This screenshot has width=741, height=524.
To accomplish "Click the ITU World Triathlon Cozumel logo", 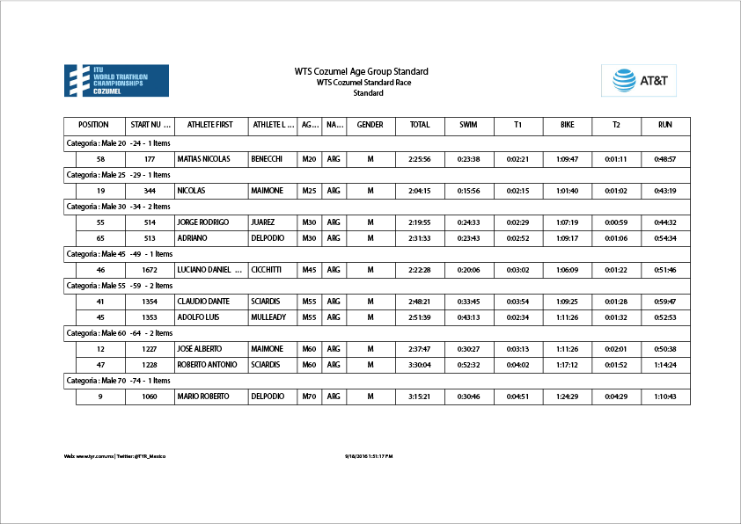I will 117,80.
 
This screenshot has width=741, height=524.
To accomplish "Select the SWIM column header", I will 468,125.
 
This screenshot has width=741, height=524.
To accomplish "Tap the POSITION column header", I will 94,125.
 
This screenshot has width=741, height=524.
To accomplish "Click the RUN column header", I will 665,125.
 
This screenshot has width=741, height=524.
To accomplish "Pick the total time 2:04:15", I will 420,191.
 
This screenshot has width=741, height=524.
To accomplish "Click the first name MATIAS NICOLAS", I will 203,159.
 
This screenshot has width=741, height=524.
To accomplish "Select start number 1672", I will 150,270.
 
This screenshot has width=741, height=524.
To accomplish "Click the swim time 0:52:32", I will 468,365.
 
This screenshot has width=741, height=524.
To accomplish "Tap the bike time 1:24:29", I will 567,397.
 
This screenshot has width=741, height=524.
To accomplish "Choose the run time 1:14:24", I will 665,365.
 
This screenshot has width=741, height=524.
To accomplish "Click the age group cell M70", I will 309,397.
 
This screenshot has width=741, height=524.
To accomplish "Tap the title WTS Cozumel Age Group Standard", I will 362,71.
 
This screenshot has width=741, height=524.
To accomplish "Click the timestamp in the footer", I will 369,456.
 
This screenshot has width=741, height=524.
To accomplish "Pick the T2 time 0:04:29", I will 616,397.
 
